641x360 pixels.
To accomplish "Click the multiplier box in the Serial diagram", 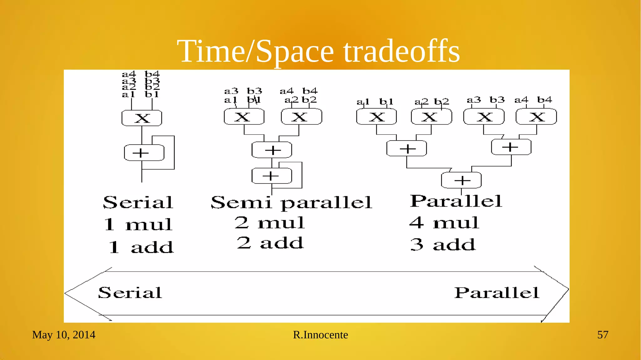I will coord(142,118).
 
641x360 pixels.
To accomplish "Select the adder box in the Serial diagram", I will coord(144,153).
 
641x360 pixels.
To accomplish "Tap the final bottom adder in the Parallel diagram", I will coord(461,180).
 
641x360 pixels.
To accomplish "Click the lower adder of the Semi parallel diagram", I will coord(272,176).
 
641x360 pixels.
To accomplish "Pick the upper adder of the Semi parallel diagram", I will coord(272,150).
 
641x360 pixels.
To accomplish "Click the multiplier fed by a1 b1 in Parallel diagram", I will coord(377,117).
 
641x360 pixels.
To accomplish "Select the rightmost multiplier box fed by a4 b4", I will coord(536,117).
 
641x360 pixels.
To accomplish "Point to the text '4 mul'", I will coord(444,223).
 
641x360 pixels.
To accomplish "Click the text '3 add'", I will coord(443,244).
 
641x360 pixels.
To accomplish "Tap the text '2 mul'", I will coord(269,223).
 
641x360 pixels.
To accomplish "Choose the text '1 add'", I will coord(141,247).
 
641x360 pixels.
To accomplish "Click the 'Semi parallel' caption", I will coord(291,203).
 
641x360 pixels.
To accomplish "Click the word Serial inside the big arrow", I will coord(130,293).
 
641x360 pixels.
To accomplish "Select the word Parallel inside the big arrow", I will coord(496,293).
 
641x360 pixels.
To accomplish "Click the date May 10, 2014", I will coord(64,335).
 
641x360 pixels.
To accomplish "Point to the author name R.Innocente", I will coord(320,335).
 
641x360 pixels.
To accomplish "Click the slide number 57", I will coord(603,335).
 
